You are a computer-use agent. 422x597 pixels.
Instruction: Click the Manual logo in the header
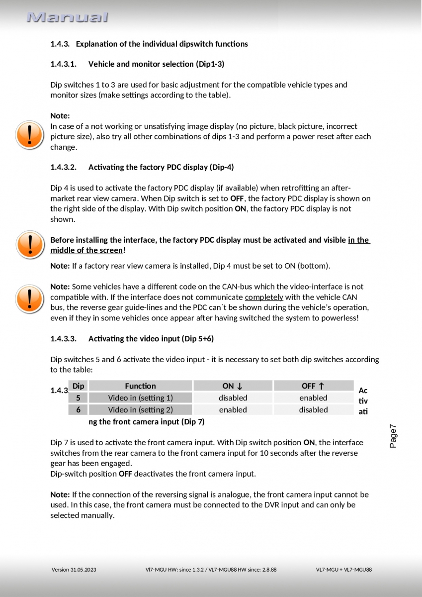68,18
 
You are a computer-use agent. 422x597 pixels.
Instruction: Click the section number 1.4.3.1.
64,64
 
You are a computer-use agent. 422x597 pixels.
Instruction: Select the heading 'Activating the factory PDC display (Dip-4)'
161,167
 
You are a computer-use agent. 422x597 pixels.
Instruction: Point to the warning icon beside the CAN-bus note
30,298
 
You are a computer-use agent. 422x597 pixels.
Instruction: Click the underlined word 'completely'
264,298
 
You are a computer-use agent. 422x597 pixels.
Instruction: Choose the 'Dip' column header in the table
79,386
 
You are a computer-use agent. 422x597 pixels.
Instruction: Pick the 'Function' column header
140,386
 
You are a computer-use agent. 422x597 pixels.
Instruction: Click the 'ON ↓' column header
233,386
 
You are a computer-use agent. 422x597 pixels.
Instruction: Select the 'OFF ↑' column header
313,386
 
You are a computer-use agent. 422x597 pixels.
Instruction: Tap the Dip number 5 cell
79,398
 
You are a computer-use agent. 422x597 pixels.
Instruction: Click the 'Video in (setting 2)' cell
140,410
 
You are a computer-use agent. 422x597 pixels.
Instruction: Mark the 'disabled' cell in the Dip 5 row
233,398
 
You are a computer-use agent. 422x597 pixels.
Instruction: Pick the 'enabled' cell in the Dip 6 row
233,410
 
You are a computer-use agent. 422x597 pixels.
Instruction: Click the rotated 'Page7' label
393,436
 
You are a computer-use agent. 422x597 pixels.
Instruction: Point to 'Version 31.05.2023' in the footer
74,570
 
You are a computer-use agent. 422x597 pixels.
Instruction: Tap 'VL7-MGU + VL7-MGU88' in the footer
343,570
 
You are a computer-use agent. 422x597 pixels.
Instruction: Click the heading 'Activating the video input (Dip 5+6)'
151,339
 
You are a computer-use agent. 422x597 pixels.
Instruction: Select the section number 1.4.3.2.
64,167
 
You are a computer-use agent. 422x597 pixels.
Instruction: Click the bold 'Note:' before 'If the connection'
60,495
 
